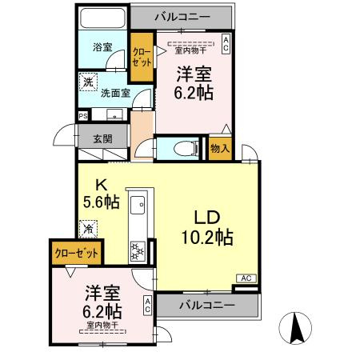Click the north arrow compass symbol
[x=294, y=326]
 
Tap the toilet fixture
[x=182, y=148]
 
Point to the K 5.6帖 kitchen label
[x=101, y=193]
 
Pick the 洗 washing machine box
[x=86, y=81]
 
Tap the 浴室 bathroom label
[x=102, y=47]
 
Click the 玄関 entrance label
[x=102, y=138]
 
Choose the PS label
[x=82, y=116]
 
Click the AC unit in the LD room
[x=246, y=278]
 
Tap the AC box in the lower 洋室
[x=147, y=304]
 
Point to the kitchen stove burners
[x=135, y=251]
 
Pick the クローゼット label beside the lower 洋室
[x=77, y=253]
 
